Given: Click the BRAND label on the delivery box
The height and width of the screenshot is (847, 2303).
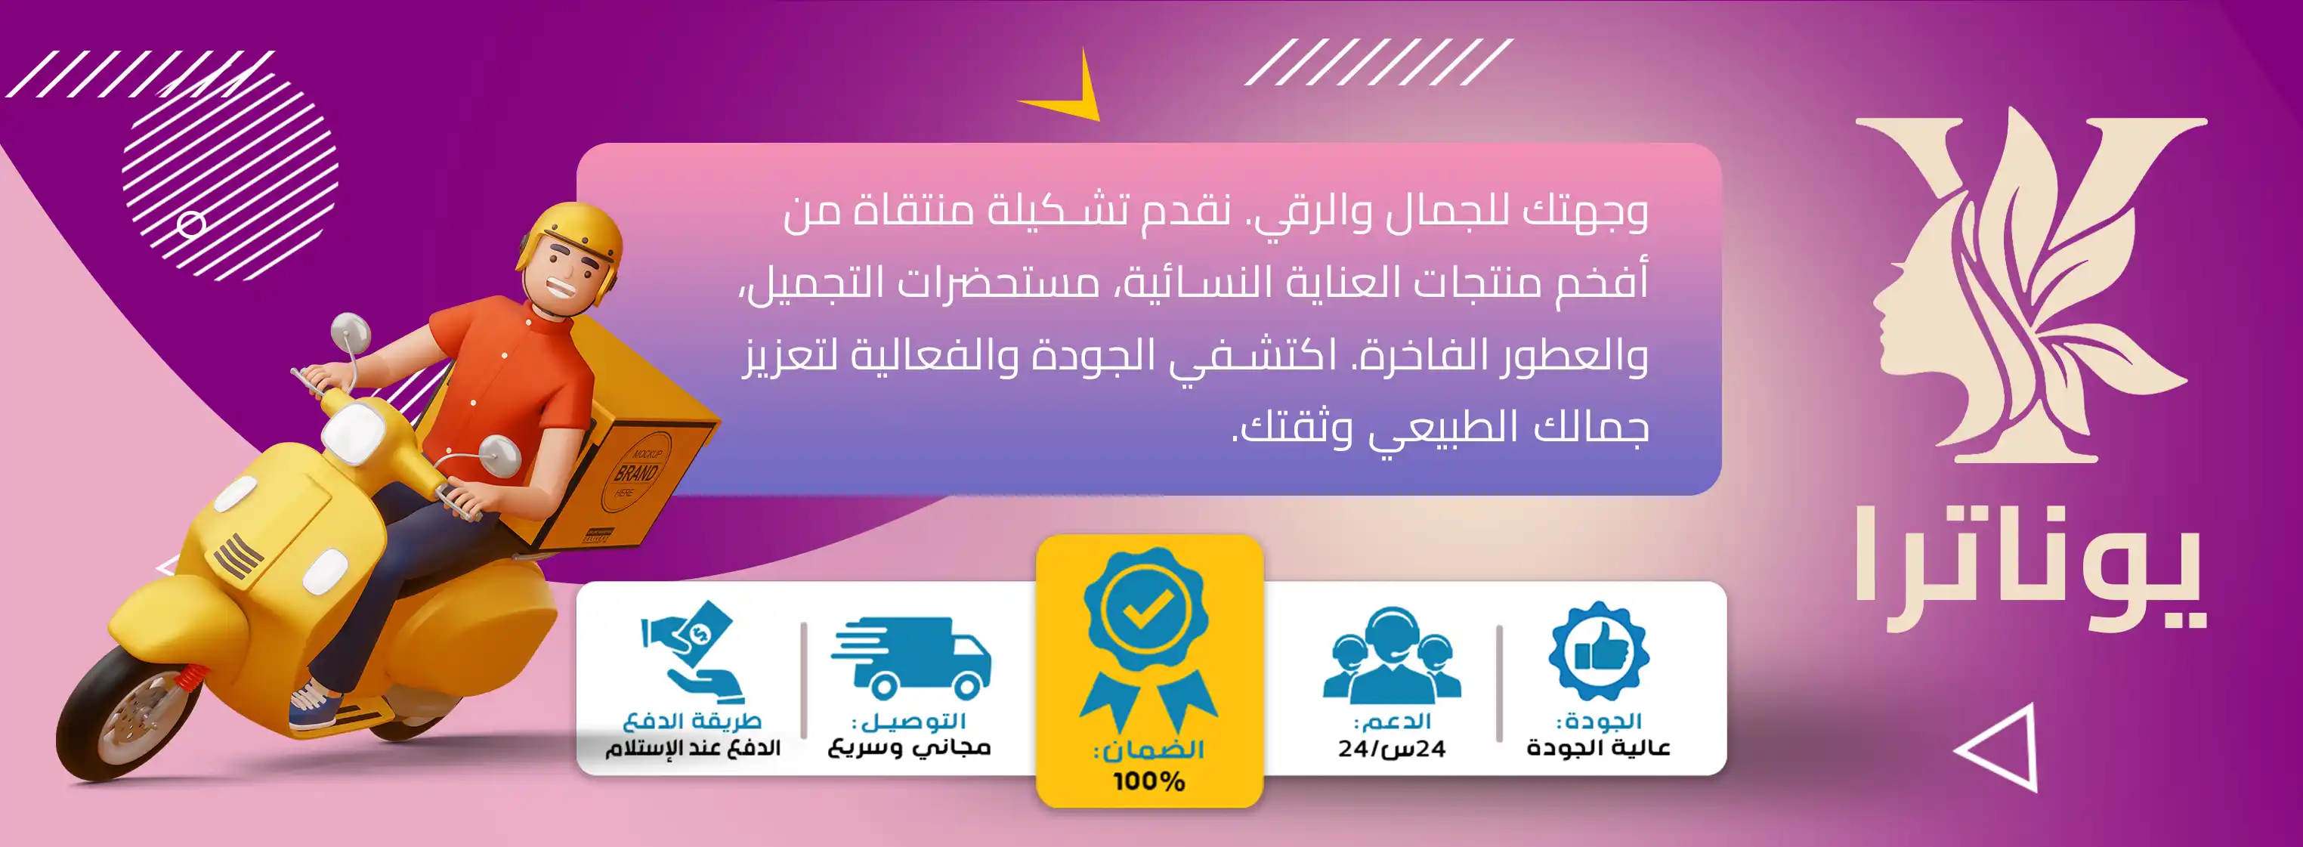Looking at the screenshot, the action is (635, 472).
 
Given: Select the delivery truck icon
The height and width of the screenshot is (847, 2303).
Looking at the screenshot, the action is (911, 657).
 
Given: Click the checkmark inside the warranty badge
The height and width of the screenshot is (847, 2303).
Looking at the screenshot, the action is (1148, 610).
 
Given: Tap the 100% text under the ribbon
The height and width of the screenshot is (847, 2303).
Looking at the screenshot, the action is (1148, 781).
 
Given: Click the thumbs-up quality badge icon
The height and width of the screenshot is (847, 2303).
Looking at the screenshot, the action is (1599, 651).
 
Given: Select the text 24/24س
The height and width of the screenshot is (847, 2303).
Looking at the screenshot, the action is (1392, 749).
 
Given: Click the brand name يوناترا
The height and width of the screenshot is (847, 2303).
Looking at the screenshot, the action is (2029, 568).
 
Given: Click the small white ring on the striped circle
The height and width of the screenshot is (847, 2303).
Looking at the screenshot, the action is (190, 224).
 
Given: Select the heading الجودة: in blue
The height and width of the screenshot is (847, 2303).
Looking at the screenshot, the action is (1600, 721).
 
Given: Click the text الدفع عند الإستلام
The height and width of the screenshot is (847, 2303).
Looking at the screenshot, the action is (693, 748).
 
